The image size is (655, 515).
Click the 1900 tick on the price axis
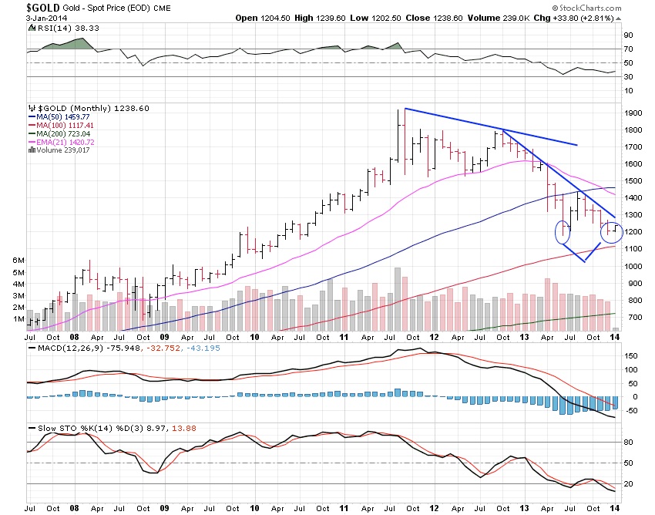click(633, 113)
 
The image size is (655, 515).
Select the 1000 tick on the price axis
click(633, 266)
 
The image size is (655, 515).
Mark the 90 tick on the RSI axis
click(627, 35)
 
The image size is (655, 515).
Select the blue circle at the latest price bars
click(612, 230)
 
